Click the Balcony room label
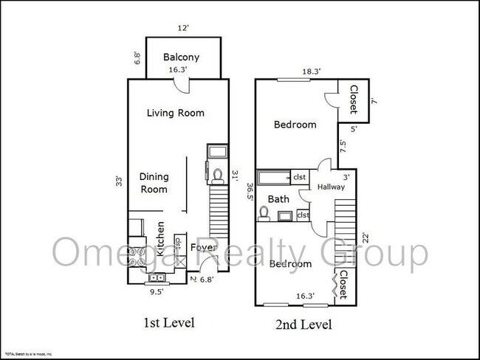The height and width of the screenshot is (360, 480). tap(182, 58)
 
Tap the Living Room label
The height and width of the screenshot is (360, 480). tap(175, 113)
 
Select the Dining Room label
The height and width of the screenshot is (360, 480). tap(154, 183)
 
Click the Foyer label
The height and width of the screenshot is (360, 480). tap(204, 248)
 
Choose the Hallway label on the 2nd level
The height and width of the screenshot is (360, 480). tap(332, 187)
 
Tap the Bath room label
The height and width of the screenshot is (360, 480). tap(278, 198)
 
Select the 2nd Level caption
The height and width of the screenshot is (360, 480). tap(303, 324)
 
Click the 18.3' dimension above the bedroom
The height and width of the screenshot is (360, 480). tap(291, 72)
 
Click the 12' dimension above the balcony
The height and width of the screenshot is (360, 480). tap(183, 28)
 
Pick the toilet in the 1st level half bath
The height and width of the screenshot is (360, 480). tap(217, 176)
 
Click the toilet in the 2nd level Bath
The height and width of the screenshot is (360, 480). tap(264, 214)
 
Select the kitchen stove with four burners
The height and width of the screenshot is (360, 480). tap(137, 253)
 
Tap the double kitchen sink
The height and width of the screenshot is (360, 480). tap(157, 278)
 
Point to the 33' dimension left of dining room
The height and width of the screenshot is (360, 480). tap(118, 181)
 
